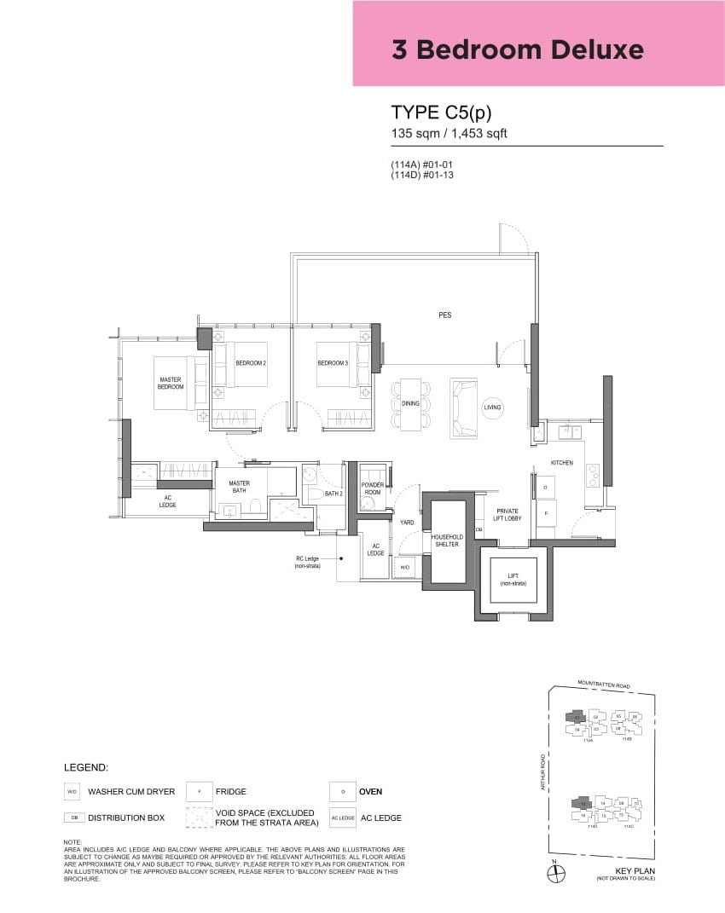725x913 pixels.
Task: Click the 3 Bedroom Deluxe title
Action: tap(517, 49)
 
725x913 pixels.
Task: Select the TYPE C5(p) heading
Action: tap(441, 113)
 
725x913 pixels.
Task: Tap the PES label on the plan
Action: tap(444, 315)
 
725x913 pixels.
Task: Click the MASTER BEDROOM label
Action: tap(171, 383)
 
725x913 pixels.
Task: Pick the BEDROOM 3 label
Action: tap(332, 363)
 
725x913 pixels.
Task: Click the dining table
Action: tap(410, 403)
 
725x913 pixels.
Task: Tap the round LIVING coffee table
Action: tap(492, 408)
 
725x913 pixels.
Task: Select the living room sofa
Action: tap(465, 408)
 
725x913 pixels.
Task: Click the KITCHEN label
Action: tap(561, 463)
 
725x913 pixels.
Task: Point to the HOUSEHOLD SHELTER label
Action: tap(447, 540)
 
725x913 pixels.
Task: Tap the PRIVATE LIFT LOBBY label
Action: tap(507, 515)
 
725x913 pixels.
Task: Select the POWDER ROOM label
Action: tap(372, 489)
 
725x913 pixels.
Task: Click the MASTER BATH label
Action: tap(239, 487)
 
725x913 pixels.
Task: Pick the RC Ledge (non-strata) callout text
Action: tap(308, 563)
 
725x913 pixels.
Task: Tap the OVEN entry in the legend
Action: tap(370, 791)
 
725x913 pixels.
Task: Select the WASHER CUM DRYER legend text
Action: tap(130, 791)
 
